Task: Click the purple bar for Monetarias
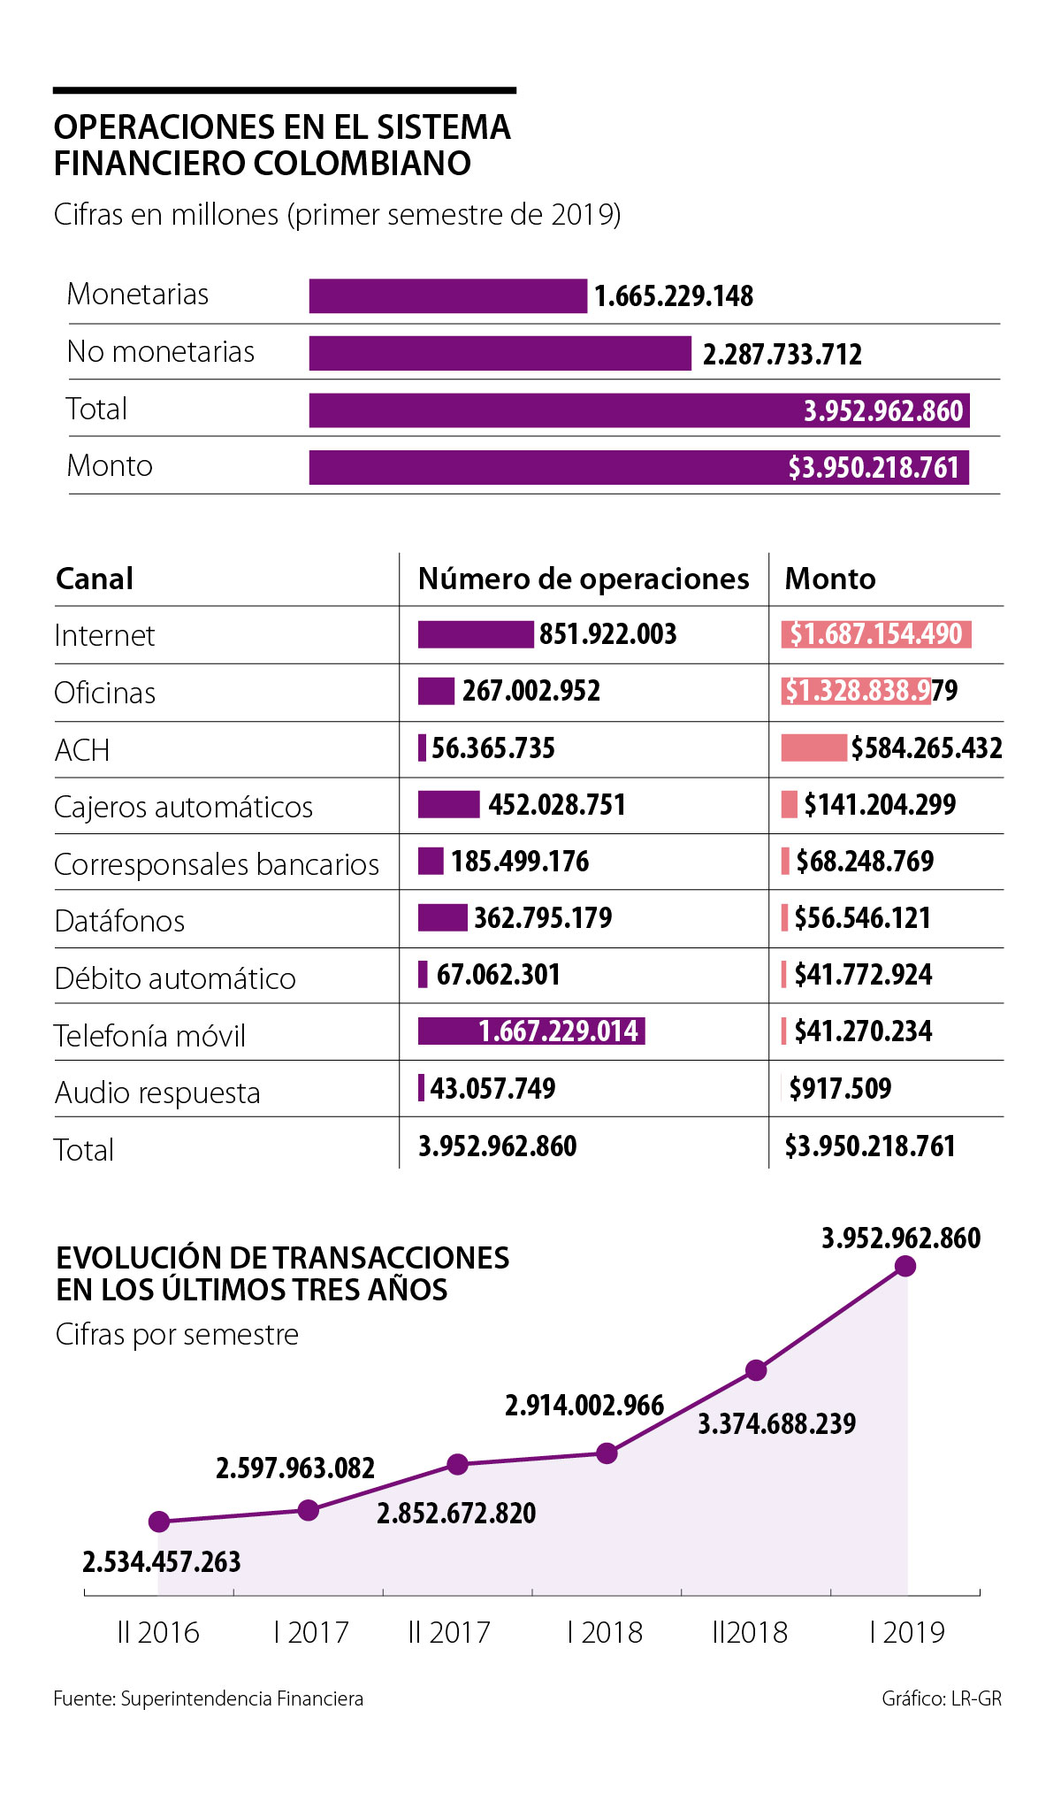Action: point(447,296)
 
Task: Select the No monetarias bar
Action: point(500,353)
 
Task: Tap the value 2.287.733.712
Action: point(782,355)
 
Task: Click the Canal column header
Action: point(95,579)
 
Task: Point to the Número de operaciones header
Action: point(584,579)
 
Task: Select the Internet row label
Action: point(104,635)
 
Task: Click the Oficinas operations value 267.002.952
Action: point(530,691)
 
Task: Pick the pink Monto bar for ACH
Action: point(813,747)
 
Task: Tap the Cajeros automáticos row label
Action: point(183,807)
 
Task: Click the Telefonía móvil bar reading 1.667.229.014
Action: point(531,1031)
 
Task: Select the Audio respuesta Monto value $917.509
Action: point(840,1088)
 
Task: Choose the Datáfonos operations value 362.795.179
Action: point(542,918)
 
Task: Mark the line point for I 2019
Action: point(905,1266)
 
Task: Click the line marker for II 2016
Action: point(159,1522)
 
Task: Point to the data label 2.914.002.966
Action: point(584,1406)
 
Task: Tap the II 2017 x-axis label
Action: point(449,1632)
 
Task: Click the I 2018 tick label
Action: point(605,1632)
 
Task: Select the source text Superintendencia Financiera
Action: point(241,1698)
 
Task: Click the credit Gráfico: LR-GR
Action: point(941,1698)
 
